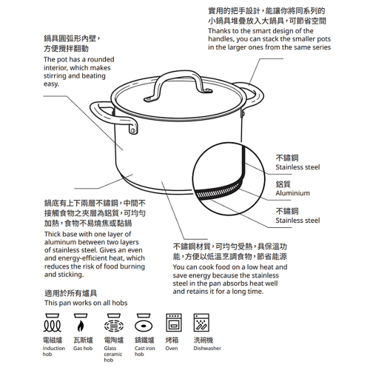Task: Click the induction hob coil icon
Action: pyautogui.click(x=53, y=324)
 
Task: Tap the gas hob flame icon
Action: pyautogui.click(x=81, y=324)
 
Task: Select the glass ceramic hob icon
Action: pyautogui.click(x=112, y=324)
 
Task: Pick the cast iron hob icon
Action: pyautogui.click(x=143, y=324)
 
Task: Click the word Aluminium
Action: pyautogui.click(x=292, y=193)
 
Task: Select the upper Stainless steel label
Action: pyautogui.click(x=297, y=168)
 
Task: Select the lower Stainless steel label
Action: pyautogui.click(x=297, y=221)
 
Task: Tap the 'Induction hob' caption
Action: pyautogui.click(x=54, y=351)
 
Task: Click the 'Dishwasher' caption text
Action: pyautogui.click(x=207, y=348)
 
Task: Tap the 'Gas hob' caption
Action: pyautogui.click(x=83, y=348)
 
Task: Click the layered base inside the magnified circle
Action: pyautogui.click(x=222, y=191)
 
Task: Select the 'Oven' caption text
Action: pyautogui.click(x=172, y=348)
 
